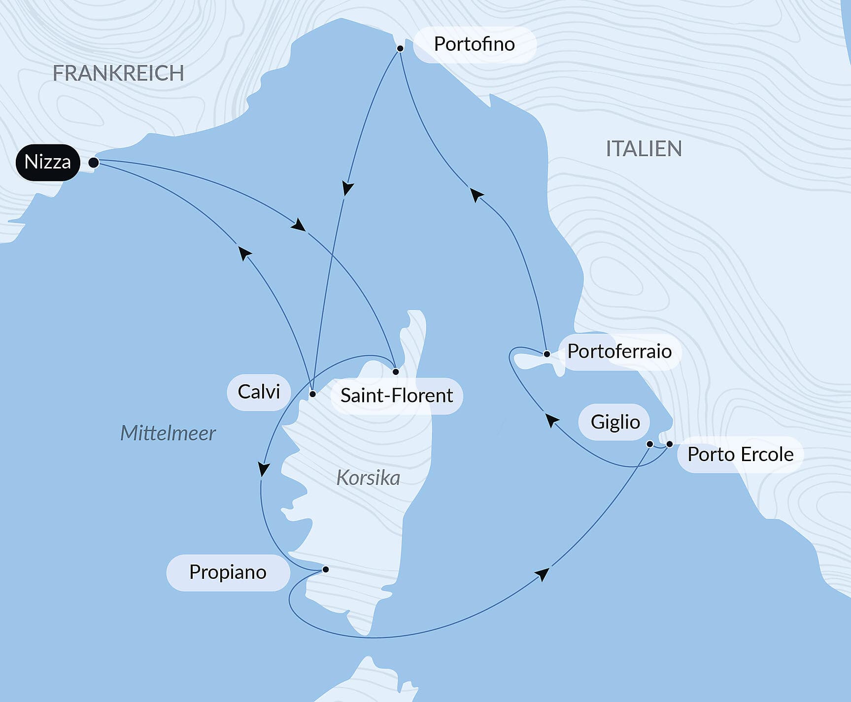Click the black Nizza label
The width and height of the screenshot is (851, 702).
pyautogui.click(x=47, y=162)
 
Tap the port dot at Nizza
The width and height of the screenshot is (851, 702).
pyautogui.click(x=94, y=163)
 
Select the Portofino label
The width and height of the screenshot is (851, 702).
pyautogui.click(x=474, y=44)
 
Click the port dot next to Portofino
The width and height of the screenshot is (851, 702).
pyautogui.click(x=400, y=48)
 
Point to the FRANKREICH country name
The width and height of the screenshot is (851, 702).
pyautogui.click(x=118, y=73)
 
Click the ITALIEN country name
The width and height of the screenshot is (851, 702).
pyautogui.click(x=644, y=149)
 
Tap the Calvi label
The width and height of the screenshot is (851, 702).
pyautogui.click(x=259, y=392)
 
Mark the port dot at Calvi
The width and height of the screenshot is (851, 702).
pyautogui.click(x=312, y=394)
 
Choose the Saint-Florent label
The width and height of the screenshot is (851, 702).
pyautogui.click(x=397, y=396)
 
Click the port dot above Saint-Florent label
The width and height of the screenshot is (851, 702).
pyautogui.click(x=396, y=372)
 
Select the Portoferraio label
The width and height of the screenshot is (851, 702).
pyautogui.click(x=619, y=351)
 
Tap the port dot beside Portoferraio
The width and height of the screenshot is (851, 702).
pyautogui.click(x=546, y=354)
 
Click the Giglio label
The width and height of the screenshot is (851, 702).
pyautogui.click(x=615, y=422)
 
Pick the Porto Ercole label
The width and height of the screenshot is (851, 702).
pyautogui.click(x=740, y=454)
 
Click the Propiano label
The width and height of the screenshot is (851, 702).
pyautogui.click(x=228, y=572)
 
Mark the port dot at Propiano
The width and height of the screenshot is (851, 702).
pyautogui.click(x=326, y=569)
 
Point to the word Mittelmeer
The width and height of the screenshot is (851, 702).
pyautogui.click(x=168, y=434)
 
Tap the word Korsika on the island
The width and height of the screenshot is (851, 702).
pyautogui.click(x=368, y=478)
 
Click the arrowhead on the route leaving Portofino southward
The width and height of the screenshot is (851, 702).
pyautogui.click(x=348, y=189)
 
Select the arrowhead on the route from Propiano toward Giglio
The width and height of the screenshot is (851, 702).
pyautogui.click(x=542, y=574)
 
